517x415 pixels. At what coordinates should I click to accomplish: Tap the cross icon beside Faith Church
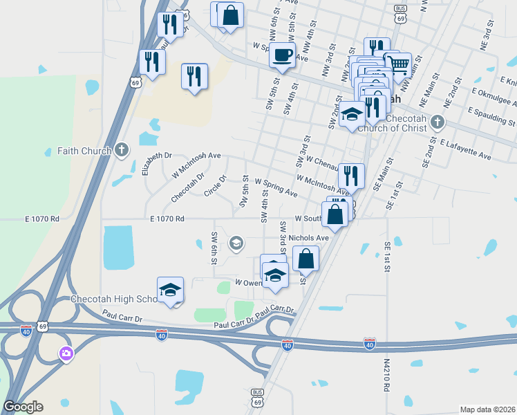pyautogui.click(x=122, y=149)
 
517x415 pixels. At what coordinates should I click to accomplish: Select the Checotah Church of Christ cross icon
pyautogui.click(x=436, y=122)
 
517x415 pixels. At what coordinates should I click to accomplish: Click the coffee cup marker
pyautogui.click(x=282, y=55)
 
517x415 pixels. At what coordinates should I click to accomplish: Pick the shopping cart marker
pyautogui.click(x=397, y=66)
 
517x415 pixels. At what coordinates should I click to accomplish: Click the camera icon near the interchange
pyautogui.click(x=66, y=354)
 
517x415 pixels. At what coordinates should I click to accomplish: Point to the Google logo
pyautogui.click(x=23, y=407)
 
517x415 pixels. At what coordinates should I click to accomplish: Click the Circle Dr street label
pyautogui.click(x=215, y=185)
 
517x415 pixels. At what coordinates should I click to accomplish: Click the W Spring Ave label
pyautogui.click(x=276, y=187)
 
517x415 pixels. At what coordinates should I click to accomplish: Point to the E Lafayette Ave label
pyautogui.click(x=465, y=148)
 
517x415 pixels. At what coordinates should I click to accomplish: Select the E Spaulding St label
pyautogui.click(x=491, y=116)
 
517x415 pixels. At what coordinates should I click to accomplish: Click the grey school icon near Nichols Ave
pyautogui.click(x=236, y=242)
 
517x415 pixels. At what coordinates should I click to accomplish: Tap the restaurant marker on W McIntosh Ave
pyautogui.click(x=351, y=178)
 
